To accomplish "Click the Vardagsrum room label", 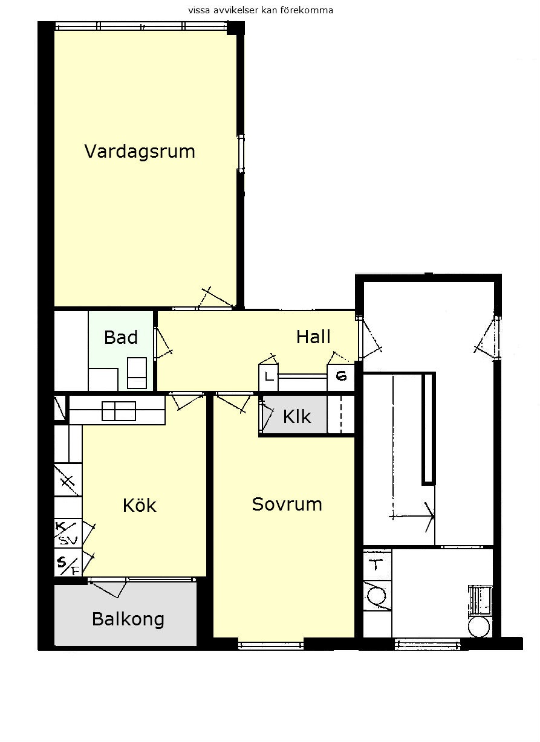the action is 140,152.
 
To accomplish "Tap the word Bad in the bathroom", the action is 121,337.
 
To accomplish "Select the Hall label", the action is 313,337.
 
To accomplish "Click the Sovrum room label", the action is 287,504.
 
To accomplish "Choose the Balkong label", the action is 128,619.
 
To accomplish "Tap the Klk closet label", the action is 297,416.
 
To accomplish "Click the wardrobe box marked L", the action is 268,377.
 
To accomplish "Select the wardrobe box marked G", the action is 341,377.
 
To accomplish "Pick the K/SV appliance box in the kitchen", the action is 68,533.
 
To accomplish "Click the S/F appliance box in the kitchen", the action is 68,562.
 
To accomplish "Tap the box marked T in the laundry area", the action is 377,565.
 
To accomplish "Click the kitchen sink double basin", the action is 119,411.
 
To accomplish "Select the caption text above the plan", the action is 261,10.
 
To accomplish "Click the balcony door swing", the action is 108,589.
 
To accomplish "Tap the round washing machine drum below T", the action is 377,596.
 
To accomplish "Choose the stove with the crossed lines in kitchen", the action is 68,480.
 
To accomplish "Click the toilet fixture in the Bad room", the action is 137,373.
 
